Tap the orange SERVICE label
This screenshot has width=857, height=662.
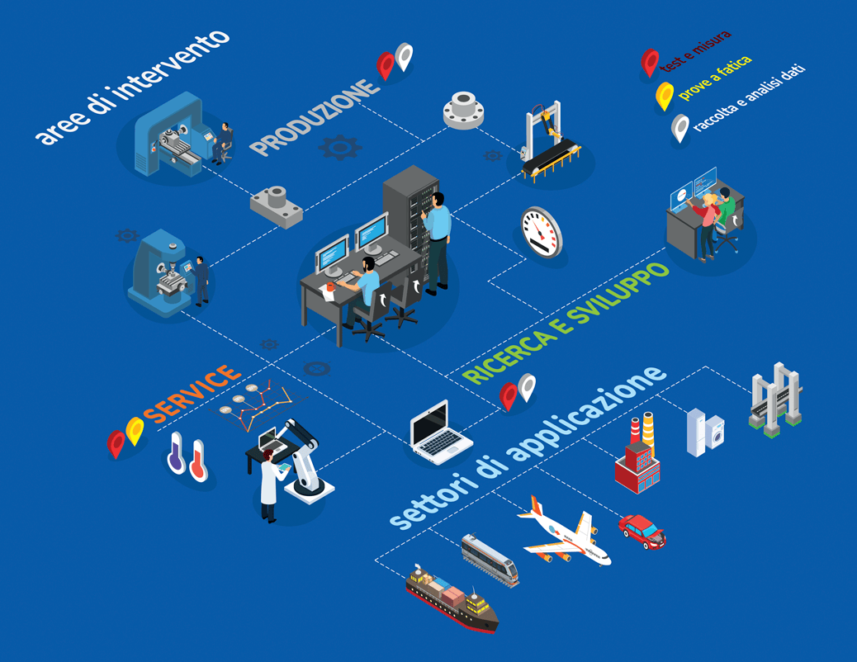(x=192, y=395)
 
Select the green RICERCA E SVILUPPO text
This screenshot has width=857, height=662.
(x=566, y=323)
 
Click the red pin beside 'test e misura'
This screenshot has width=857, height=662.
(x=650, y=62)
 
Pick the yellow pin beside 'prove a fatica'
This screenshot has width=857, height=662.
(x=664, y=97)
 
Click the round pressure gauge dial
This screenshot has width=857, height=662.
(x=542, y=230)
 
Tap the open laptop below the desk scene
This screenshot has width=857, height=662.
(x=441, y=431)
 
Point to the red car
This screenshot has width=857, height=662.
(x=642, y=531)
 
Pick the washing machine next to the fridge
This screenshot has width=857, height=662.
(x=713, y=433)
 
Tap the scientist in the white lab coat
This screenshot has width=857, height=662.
(x=269, y=486)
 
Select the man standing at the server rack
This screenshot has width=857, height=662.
(x=437, y=239)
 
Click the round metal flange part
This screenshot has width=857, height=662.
(x=464, y=109)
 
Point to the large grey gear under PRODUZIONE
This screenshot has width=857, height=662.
(x=339, y=148)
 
